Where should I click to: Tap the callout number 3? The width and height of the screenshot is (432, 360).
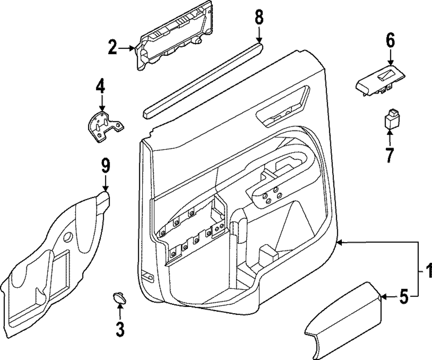(x=120, y=329)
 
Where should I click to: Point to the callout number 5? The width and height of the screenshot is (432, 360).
(x=403, y=297)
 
